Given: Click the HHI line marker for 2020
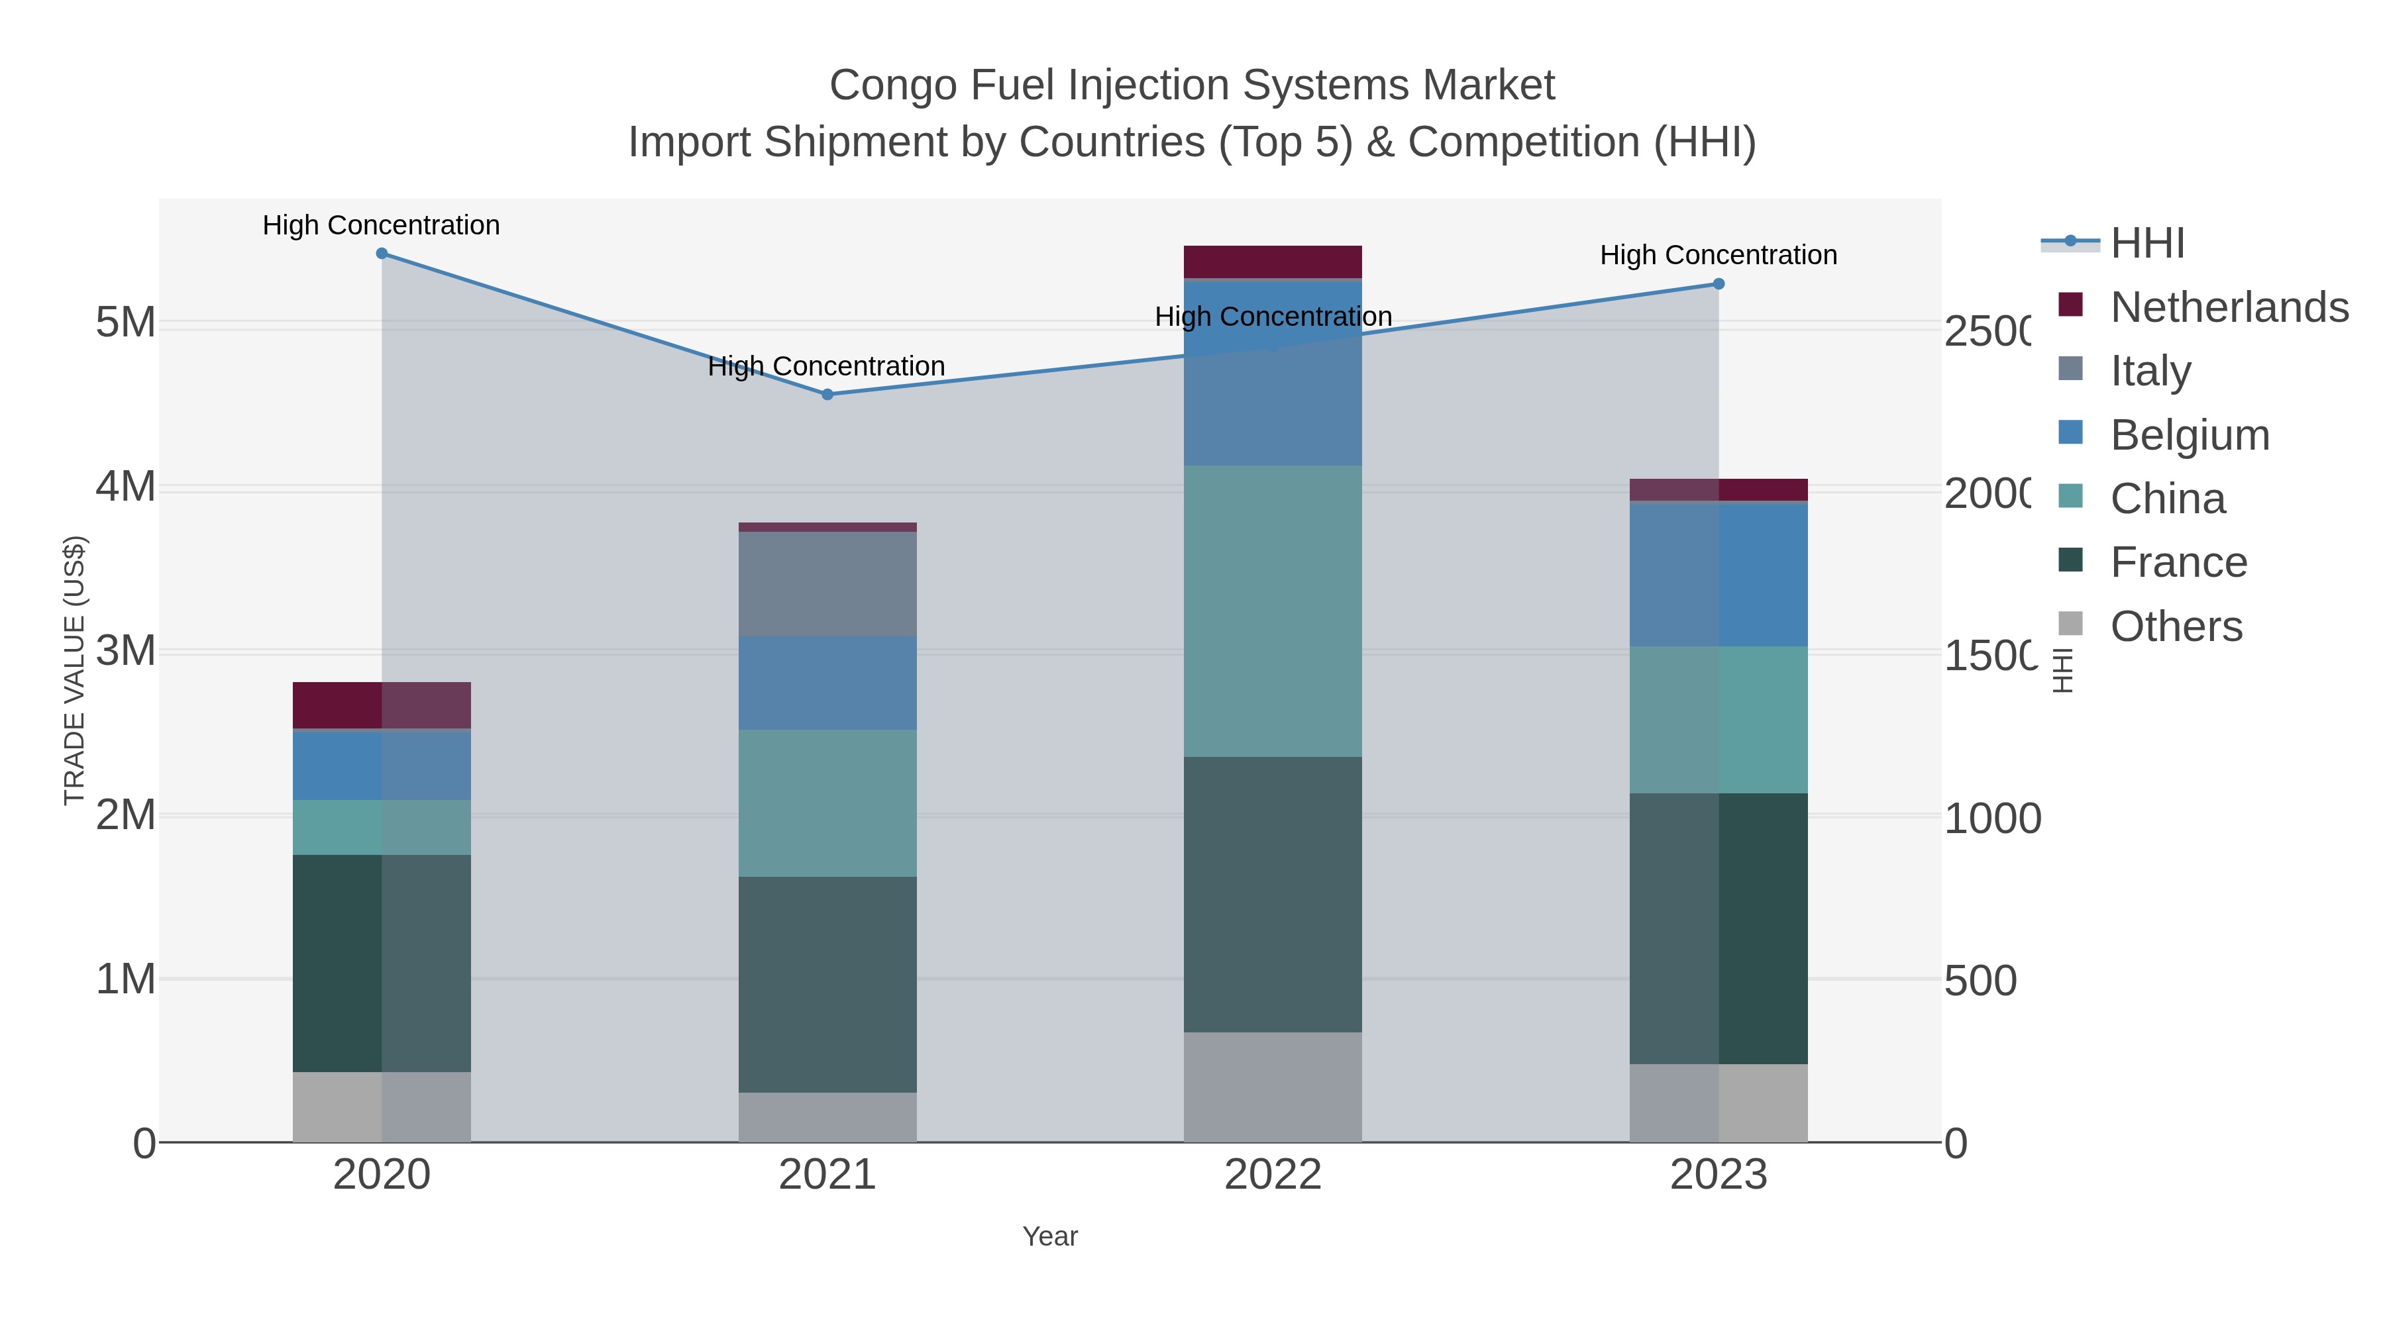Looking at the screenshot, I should tap(382, 254).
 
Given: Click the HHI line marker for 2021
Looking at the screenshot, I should tap(827, 394).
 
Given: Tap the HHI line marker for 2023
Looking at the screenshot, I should tap(1719, 284).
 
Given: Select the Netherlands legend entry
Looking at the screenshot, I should tap(2229, 307).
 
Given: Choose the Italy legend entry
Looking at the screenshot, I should tap(2150, 371).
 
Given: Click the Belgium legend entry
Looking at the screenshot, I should tap(2190, 435).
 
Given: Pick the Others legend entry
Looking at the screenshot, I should tap(2176, 626).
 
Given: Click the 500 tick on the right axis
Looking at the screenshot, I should tap(1980, 981).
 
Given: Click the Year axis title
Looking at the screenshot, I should tap(1050, 1236).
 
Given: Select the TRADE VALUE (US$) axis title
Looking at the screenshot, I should tap(74, 670).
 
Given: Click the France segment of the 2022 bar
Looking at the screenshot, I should tap(1273, 894).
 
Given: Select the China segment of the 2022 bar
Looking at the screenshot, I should tap(1273, 611).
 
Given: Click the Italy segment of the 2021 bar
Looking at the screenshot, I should tap(827, 584).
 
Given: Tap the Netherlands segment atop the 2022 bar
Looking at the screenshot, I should tap(1273, 261).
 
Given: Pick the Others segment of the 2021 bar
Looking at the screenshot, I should tap(827, 1117).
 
